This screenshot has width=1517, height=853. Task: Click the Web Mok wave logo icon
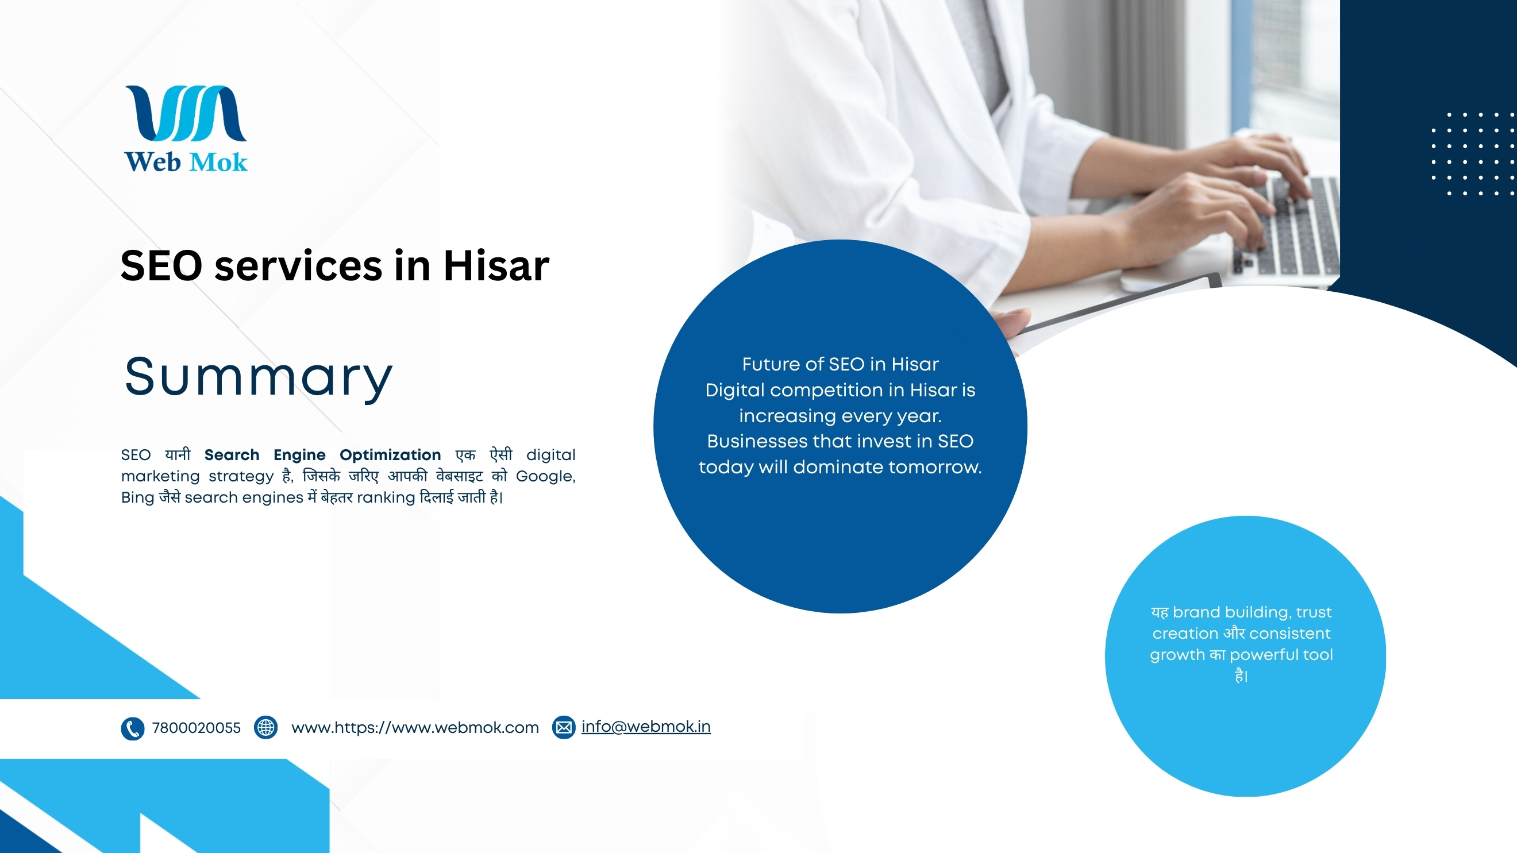pyautogui.click(x=186, y=113)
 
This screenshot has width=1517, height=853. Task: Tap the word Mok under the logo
pyautogui.click(x=218, y=162)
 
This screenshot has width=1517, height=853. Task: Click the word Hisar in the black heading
pyautogui.click(x=496, y=265)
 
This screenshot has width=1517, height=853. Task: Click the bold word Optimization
pyautogui.click(x=390, y=455)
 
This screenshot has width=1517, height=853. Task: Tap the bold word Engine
pyautogui.click(x=299, y=455)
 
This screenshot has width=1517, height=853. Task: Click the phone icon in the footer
pyautogui.click(x=133, y=728)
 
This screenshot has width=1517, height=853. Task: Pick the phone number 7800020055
pyautogui.click(x=196, y=728)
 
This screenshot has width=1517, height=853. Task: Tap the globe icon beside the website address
pyautogui.click(x=265, y=728)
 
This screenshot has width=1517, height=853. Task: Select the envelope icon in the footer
pyautogui.click(x=564, y=728)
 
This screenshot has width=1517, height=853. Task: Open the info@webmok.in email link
pyautogui.click(x=646, y=727)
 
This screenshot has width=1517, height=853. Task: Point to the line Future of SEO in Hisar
pyautogui.click(x=840, y=364)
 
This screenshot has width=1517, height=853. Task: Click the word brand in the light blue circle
pyautogui.click(x=1196, y=612)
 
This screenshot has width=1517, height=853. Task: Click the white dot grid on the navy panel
pyautogui.click(x=1474, y=153)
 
